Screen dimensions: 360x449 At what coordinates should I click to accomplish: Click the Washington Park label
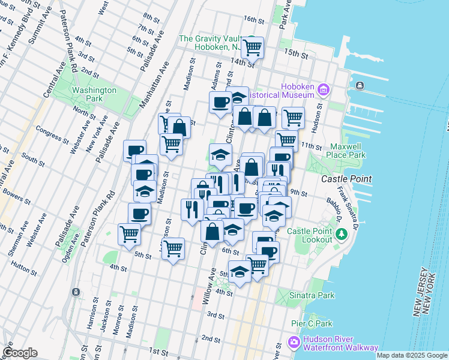click(x=94, y=94)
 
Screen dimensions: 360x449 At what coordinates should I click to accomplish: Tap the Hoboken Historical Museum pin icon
click(x=324, y=90)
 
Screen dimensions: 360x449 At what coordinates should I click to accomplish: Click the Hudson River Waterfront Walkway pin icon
click(x=294, y=343)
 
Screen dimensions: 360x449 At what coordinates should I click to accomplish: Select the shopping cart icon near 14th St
click(x=253, y=46)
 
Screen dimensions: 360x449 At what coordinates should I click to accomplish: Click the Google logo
click(x=20, y=353)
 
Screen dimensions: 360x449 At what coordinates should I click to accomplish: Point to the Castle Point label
click(x=346, y=179)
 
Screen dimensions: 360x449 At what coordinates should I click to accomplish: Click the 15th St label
click(x=296, y=54)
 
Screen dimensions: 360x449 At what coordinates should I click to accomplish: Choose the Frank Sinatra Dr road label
click(x=348, y=208)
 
